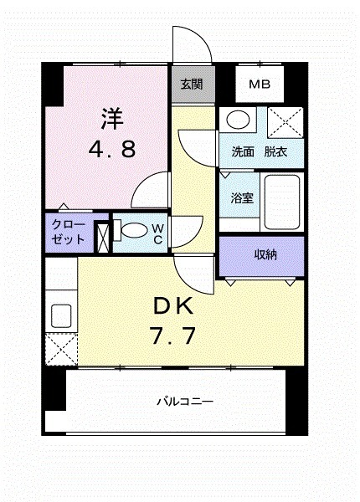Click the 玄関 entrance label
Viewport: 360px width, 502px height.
[192, 84]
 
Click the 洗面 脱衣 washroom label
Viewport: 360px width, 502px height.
[260, 152]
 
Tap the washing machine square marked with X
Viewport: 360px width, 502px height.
[285, 124]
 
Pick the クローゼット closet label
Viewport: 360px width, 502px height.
[68, 232]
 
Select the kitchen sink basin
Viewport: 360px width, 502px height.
[62, 316]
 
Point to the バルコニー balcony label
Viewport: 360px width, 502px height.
[184, 402]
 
